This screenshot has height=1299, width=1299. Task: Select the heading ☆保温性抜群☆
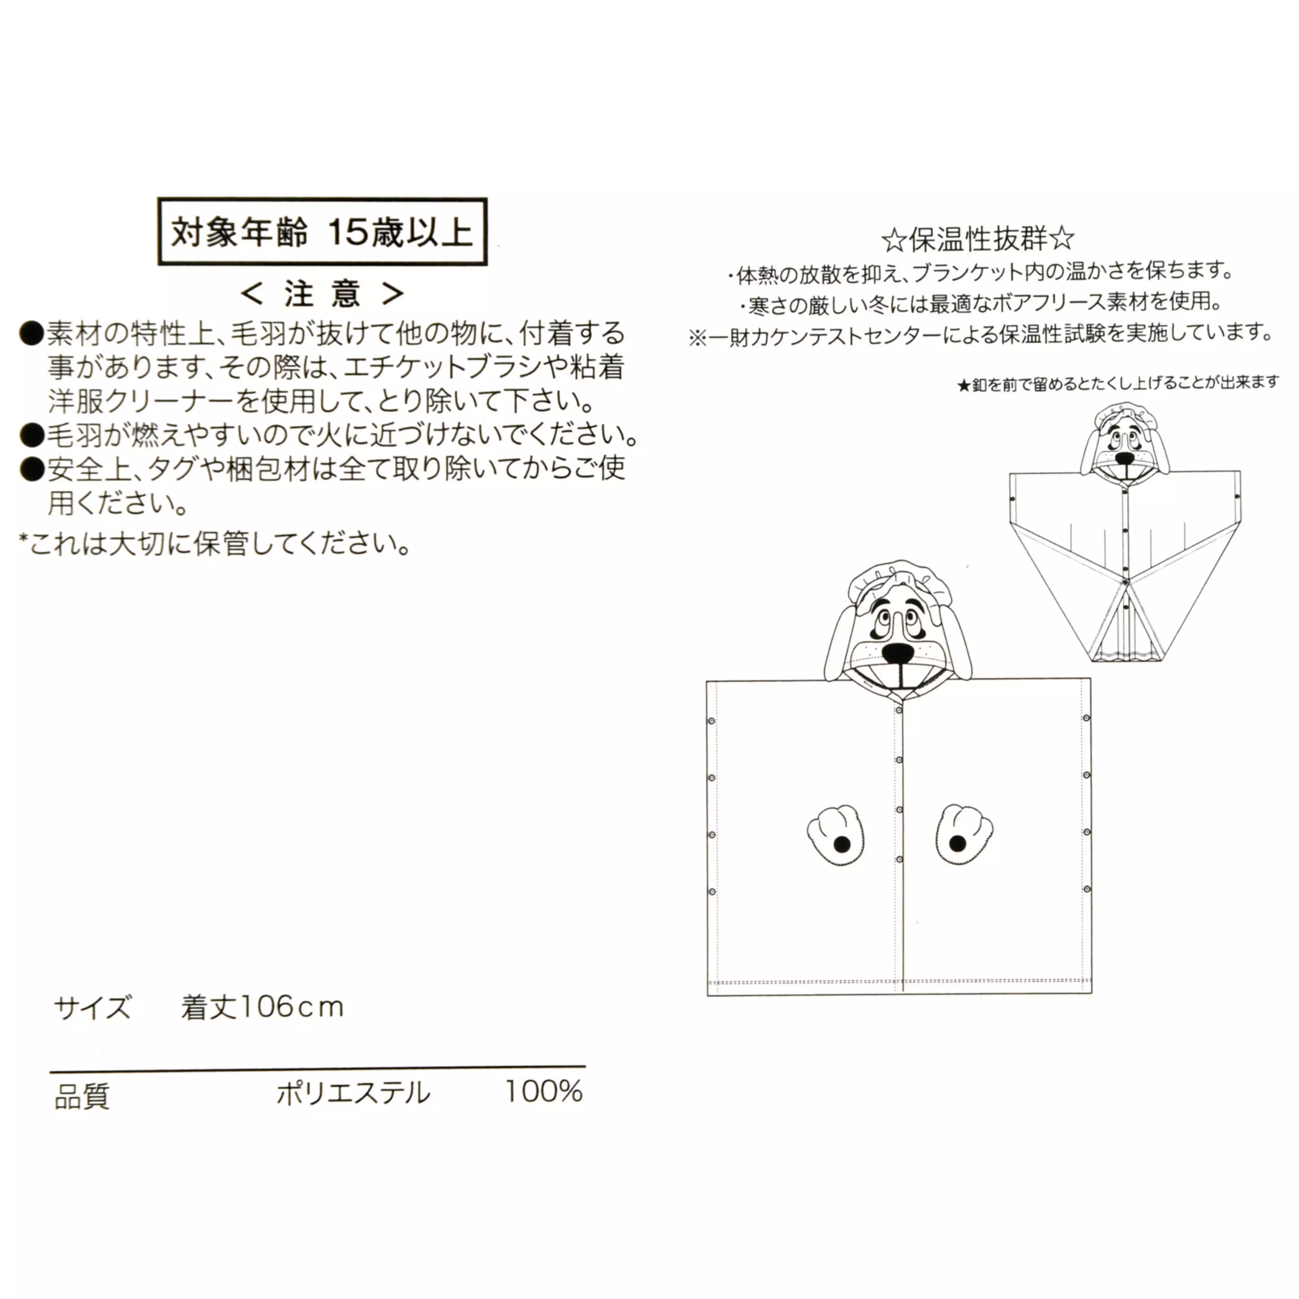point(978,239)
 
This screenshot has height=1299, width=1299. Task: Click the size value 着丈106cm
point(262,1007)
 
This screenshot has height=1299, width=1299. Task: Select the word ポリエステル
point(353,1093)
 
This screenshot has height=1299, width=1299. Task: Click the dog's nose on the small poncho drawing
point(1124,459)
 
